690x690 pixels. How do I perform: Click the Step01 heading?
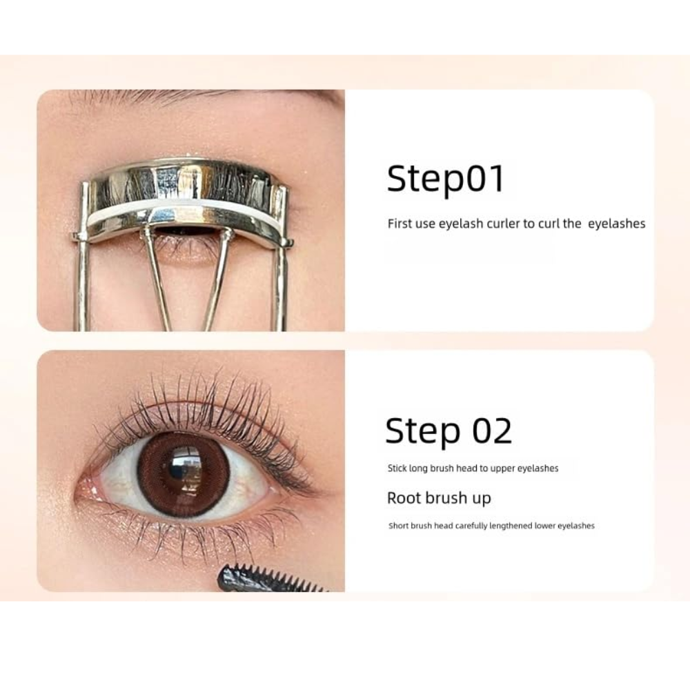(x=445, y=179)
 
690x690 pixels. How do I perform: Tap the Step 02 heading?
(x=448, y=431)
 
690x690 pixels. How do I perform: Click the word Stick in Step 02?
(x=397, y=469)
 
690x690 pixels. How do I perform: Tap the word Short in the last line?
(x=399, y=525)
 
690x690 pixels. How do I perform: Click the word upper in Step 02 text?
(x=502, y=469)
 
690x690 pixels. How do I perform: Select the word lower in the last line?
(x=545, y=525)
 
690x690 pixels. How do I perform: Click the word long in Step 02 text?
(x=419, y=469)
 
